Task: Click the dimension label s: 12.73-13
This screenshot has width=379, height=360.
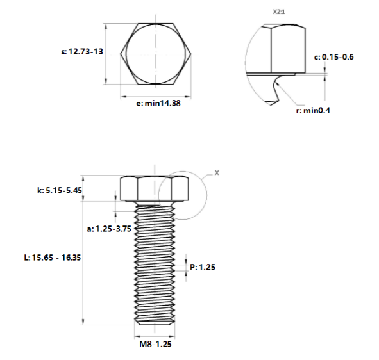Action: pos(81,53)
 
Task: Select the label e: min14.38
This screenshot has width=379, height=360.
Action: pos(158,103)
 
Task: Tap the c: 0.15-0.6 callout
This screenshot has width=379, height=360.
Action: pos(333,57)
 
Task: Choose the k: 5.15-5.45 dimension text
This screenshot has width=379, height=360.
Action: pos(60,191)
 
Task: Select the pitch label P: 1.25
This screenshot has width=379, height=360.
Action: pos(203,267)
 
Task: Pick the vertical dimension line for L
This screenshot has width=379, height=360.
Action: pos(83,256)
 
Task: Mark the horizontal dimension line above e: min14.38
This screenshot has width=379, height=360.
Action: pos(156,96)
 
